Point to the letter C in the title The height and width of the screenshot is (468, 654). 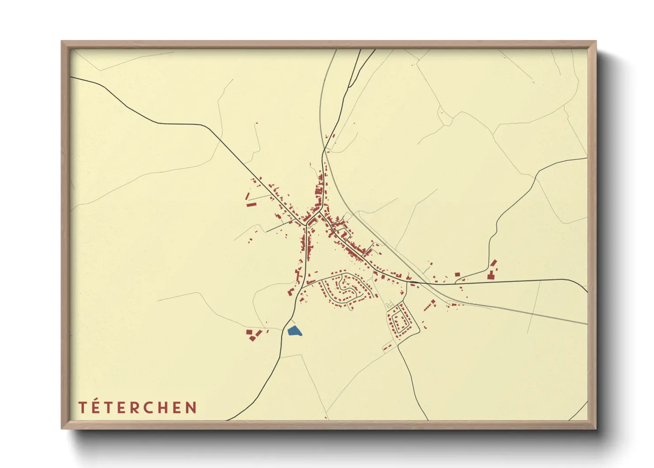[x=160, y=407]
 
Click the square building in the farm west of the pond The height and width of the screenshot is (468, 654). [x=249, y=332]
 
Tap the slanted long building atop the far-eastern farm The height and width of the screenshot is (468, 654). [x=494, y=263]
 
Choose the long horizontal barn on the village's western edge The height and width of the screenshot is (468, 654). [x=251, y=204]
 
